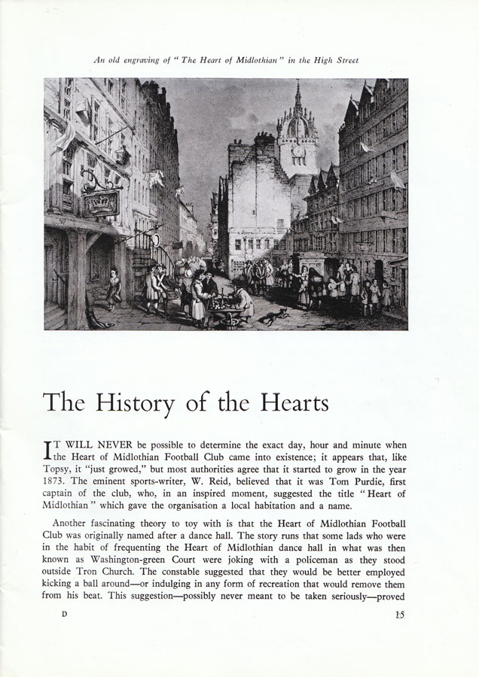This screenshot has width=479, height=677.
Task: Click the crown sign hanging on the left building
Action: (x=101, y=201)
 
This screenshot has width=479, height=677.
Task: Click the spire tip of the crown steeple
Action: (x=297, y=84)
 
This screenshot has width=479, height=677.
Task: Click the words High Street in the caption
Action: (x=336, y=59)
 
